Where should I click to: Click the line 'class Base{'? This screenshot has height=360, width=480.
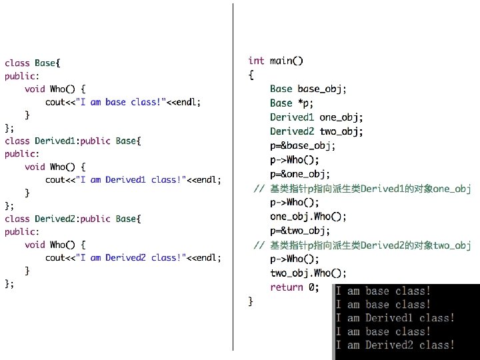33,63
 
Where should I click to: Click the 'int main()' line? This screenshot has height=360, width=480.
276,61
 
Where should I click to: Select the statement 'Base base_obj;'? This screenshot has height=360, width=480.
308,89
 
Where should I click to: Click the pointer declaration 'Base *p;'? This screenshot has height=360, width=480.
292,103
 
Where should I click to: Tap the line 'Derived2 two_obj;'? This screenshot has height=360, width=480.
317,131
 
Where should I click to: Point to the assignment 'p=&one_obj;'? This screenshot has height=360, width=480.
300,174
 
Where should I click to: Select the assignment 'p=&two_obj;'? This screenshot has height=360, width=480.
300,231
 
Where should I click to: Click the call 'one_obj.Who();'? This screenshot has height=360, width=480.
309,217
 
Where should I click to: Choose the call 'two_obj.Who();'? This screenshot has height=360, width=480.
309,273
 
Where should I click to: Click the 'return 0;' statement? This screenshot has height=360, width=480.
294,287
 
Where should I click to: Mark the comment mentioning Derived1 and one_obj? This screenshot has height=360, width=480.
363,189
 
